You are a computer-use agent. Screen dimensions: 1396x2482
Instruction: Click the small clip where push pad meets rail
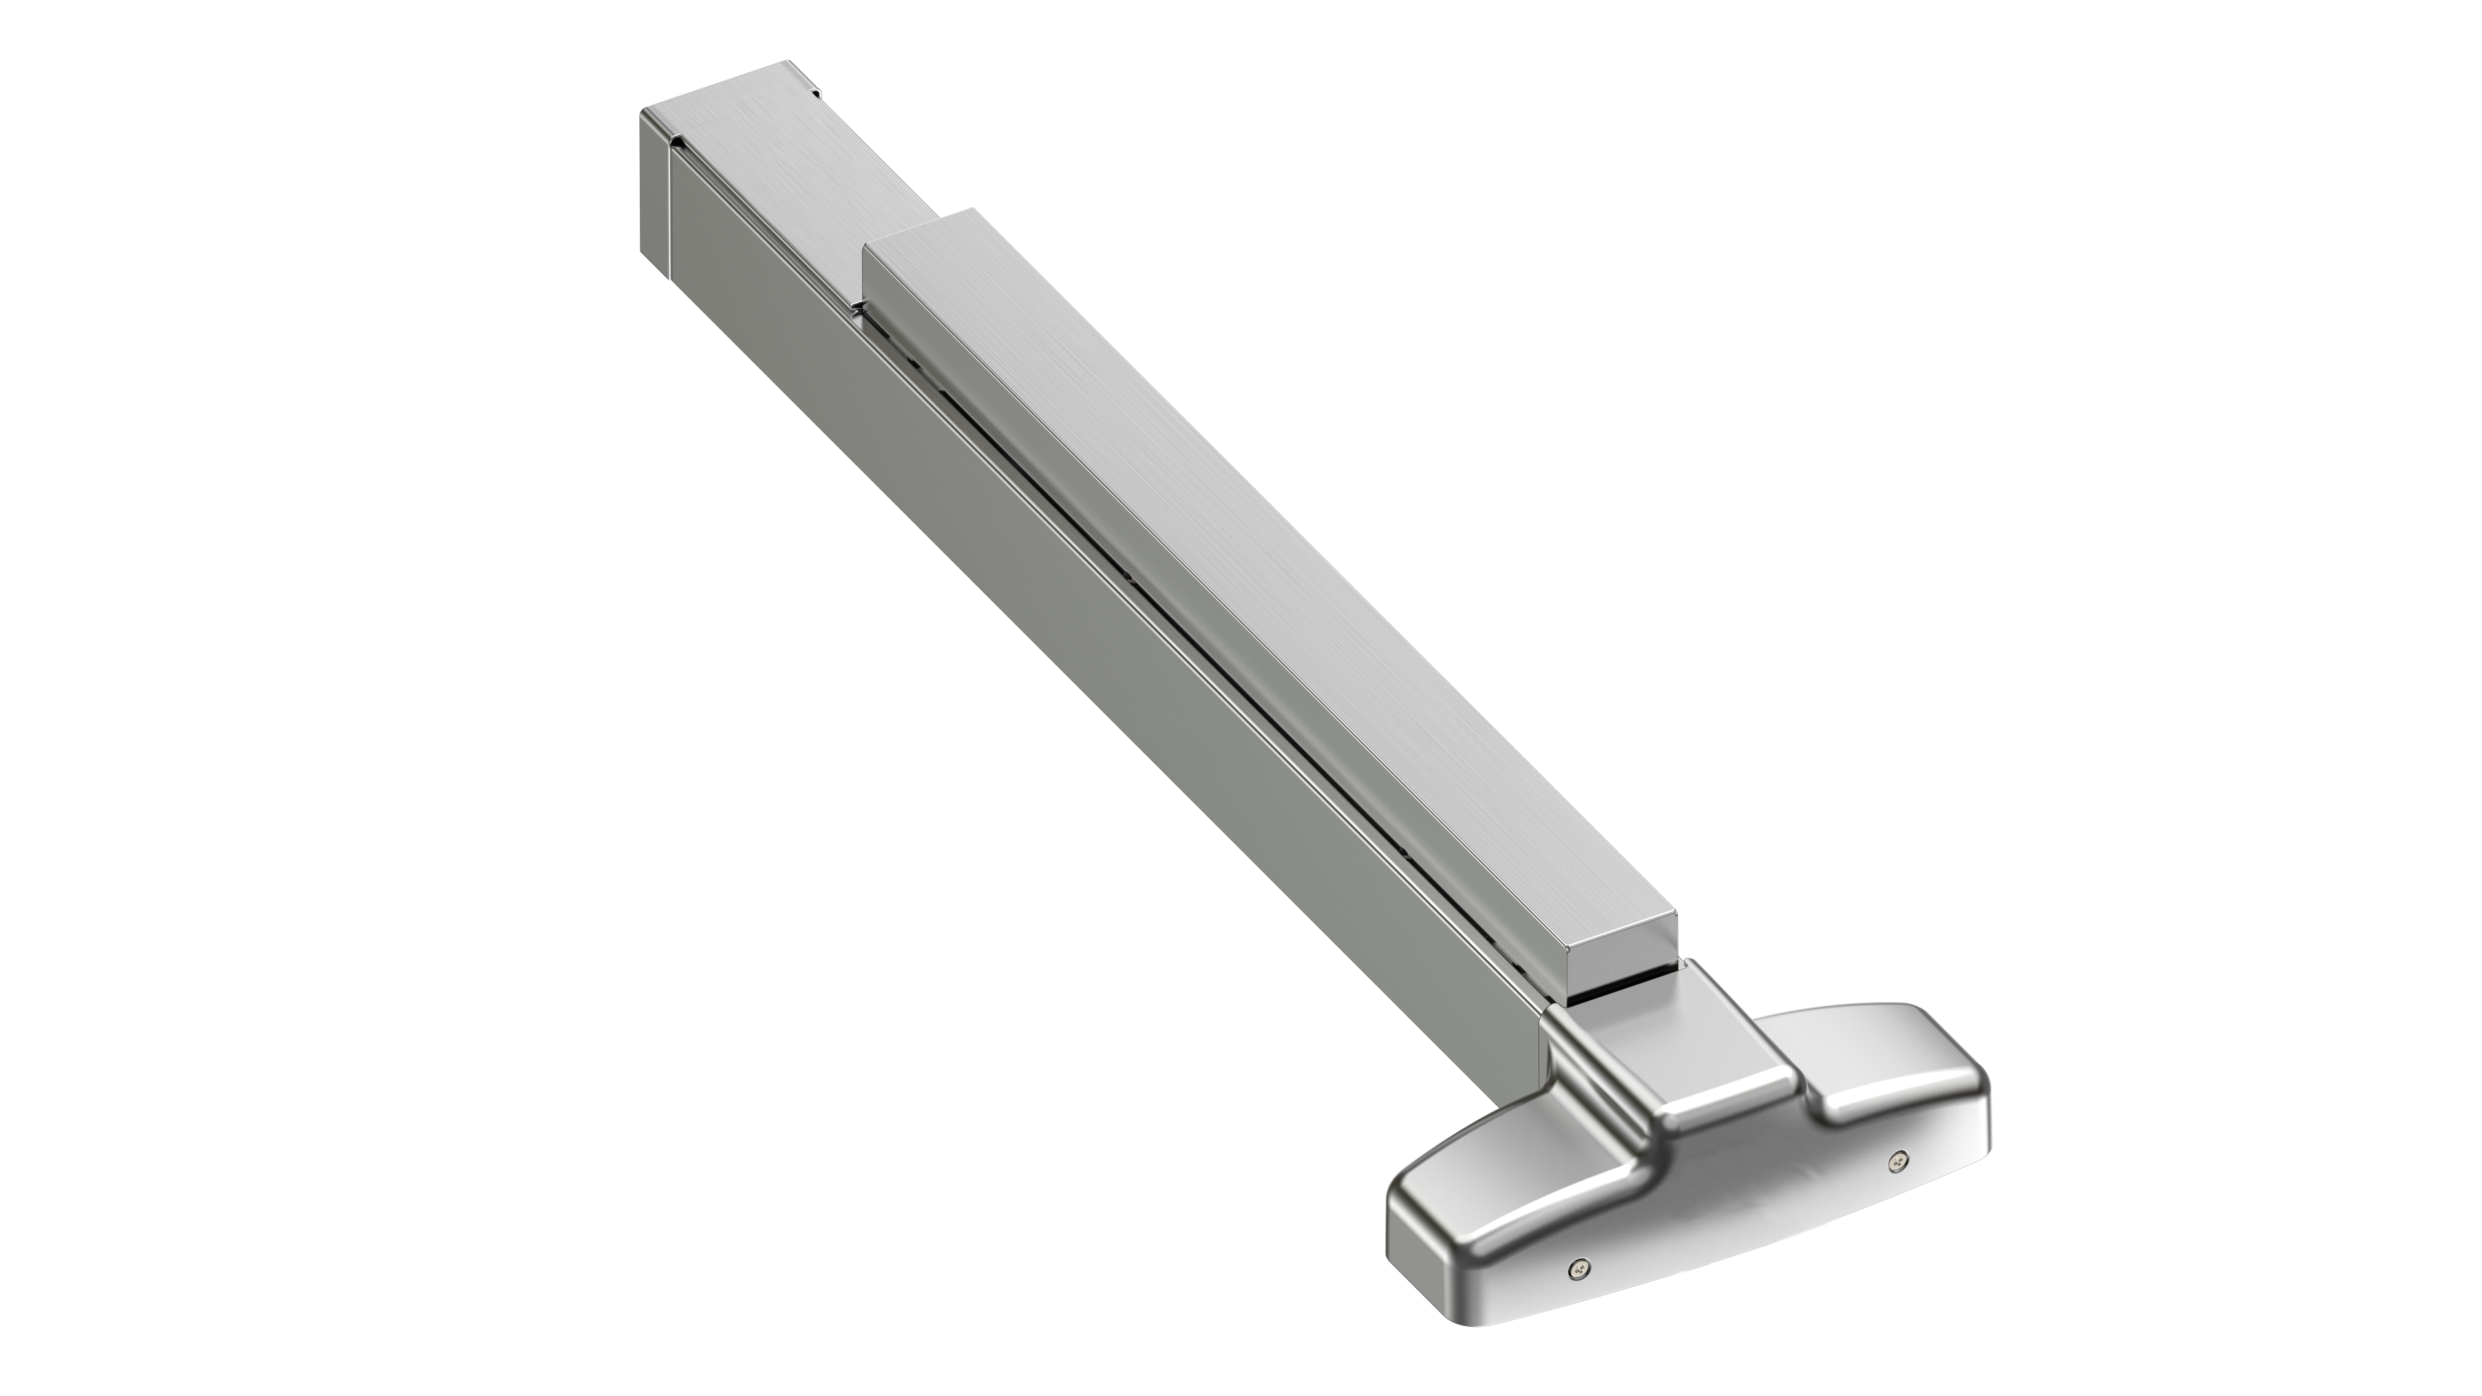pyautogui.click(x=858, y=306)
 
